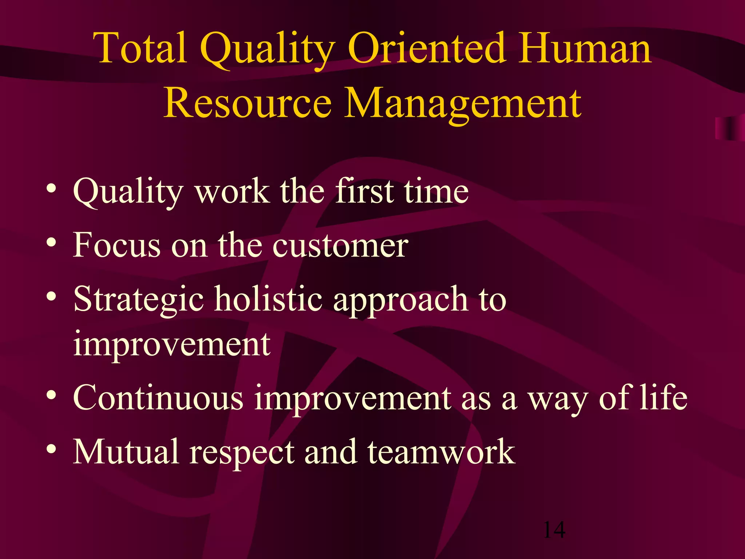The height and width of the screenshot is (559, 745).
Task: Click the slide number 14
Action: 554,530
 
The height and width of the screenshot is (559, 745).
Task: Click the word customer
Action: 340,246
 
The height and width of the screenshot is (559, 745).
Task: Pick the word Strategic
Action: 138,300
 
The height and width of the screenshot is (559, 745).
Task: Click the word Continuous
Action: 158,397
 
